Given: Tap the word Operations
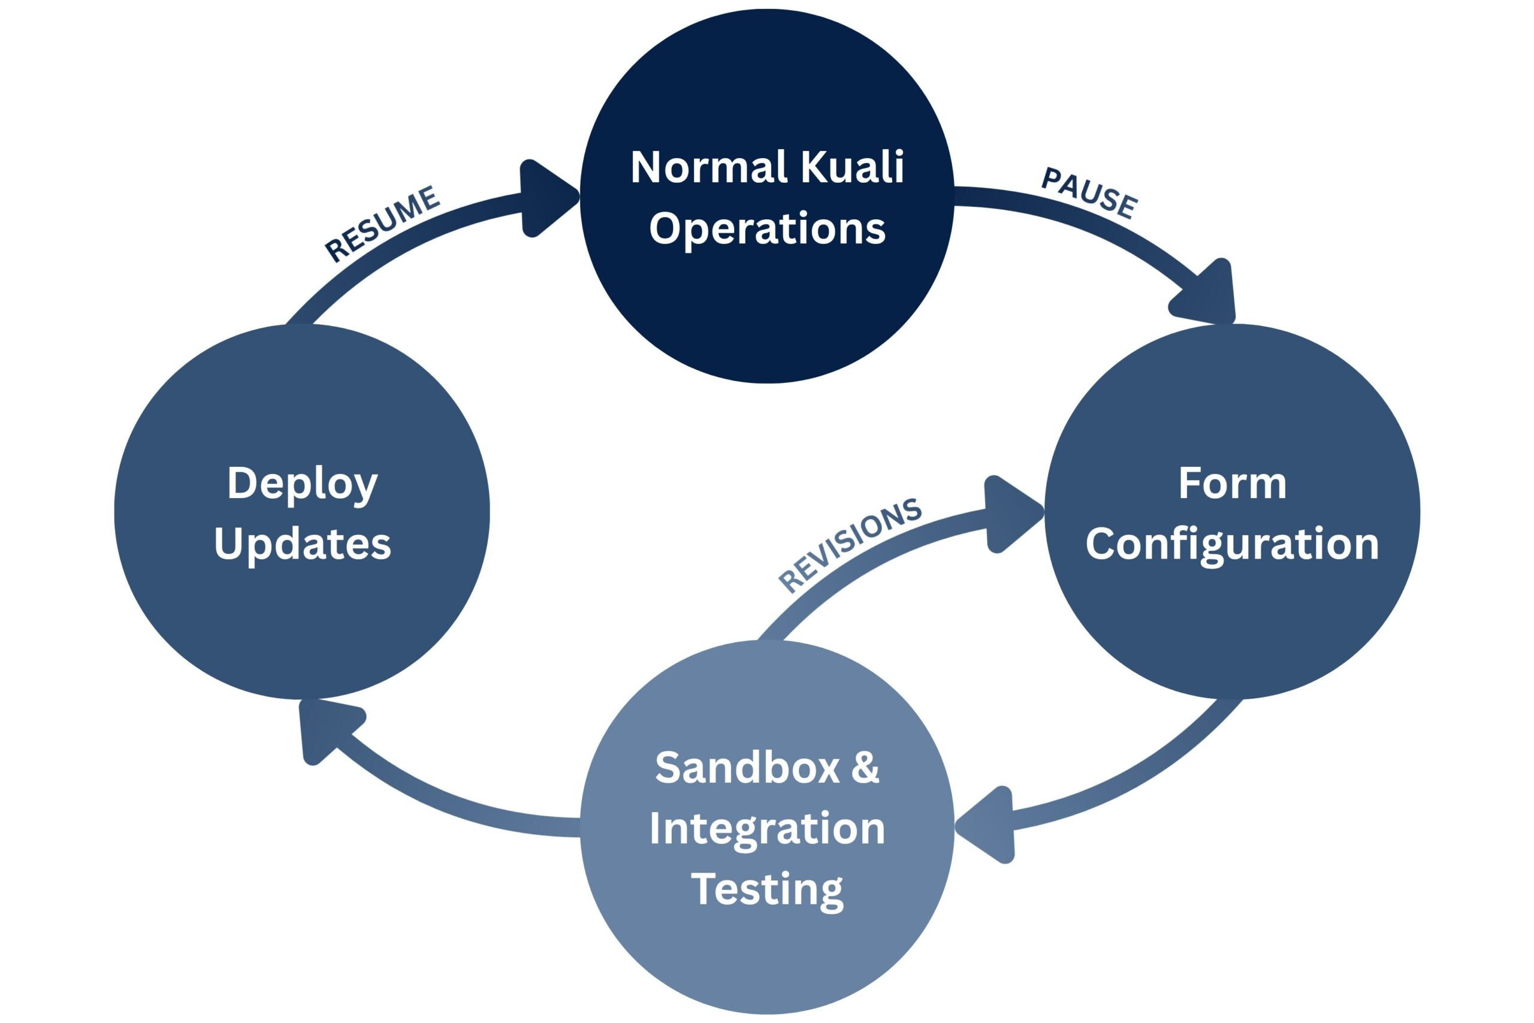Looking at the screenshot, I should (x=767, y=228).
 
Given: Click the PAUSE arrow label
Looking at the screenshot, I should (x=1089, y=193).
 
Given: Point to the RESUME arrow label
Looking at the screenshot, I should (x=383, y=223).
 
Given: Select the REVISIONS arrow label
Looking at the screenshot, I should (x=850, y=545).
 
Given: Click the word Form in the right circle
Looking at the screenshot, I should (x=1232, y=484).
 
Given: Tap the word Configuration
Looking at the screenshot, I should (x=1232, y=544).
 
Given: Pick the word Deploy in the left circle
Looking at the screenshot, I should (x=303, y=484).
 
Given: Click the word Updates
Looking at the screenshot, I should (x=303, y=544).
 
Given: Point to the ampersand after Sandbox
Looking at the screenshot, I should (x=865, y=767).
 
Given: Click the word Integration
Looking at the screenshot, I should (x=767, y=829).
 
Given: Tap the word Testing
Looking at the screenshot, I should (x=767, y=889).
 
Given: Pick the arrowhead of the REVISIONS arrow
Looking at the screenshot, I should (x=1009, y=514).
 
